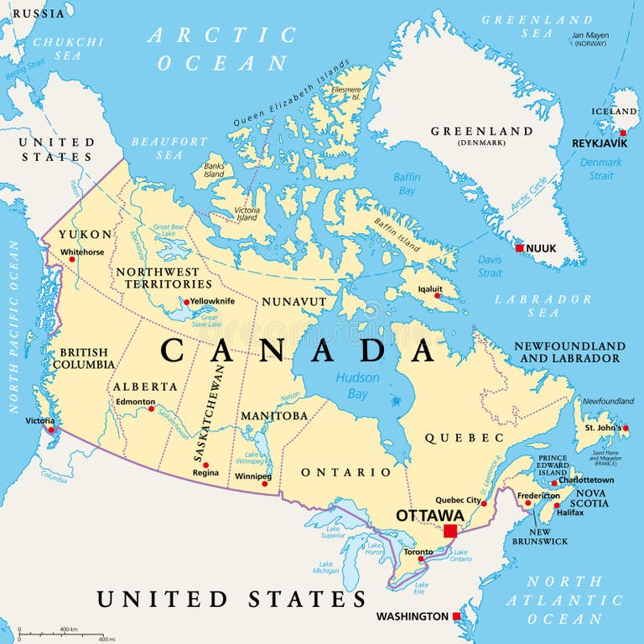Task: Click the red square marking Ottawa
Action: (x=450, y=531)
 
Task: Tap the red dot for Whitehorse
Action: (x=71, y=258)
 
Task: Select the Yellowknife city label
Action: (x=212, y=301)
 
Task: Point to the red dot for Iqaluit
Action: (x=436, y=295)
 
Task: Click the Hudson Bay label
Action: (x=358, y=386)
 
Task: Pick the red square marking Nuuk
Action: (x=520, y=248)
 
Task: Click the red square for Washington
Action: (x=456, y=616)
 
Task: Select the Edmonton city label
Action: (x=135, y=402)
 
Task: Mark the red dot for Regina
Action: (x=205, y=465)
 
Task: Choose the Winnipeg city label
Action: (x=252, y=476)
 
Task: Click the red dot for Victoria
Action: (x=51, y=429)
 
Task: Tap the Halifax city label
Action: (x=570, y=512)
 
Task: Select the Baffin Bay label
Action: (x=407, y=184)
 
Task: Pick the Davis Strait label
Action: (x=490, y=266)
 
